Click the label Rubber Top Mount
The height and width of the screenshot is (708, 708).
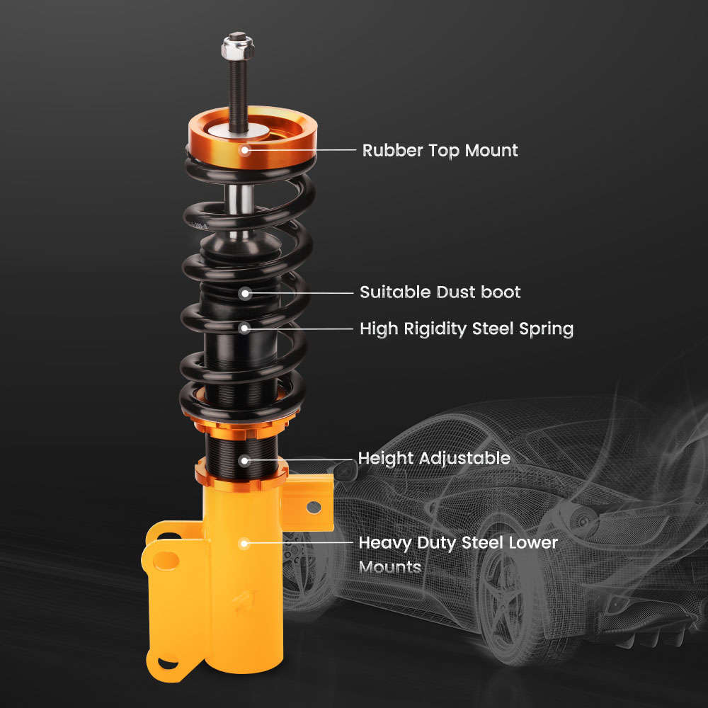pos(440,150)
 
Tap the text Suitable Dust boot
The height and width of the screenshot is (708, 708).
pos(440,292)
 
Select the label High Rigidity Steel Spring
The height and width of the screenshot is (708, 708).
pos(466,329)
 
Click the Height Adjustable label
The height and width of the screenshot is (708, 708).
pos(434,458)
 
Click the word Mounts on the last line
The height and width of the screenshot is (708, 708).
pos(390,567)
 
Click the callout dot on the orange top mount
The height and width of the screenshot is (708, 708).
pos(245,149)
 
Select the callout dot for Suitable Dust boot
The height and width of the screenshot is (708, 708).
pos(245,292)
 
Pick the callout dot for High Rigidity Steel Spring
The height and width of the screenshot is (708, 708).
pos(245,328)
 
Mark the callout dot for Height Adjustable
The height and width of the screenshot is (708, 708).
pos(245,459)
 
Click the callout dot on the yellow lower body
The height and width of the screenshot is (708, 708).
pos(245,544)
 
